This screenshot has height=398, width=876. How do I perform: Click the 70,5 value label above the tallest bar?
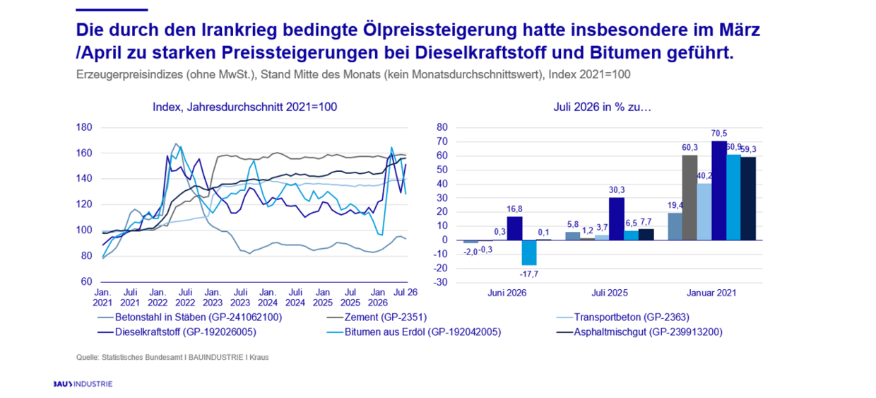[718, 134]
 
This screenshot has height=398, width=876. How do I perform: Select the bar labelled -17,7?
[528, 253]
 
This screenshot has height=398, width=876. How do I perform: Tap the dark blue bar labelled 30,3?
[617, 218]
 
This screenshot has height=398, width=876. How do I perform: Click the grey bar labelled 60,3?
[689, 198]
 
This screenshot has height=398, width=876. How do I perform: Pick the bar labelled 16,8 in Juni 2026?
[514, 228]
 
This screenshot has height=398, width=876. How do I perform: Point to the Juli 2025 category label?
[609, 293]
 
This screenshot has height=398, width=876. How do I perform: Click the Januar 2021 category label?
[711, 293]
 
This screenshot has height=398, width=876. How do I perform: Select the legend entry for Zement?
[377, 317]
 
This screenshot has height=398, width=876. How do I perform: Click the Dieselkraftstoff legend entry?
[177, 332]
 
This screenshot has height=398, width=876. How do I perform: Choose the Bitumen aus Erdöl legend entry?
[414, 332]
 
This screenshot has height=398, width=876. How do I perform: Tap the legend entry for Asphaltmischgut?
[639, 332]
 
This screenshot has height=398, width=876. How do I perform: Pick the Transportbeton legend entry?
[623, 317]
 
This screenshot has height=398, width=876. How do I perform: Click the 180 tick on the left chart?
[84, 127]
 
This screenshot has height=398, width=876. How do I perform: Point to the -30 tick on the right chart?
[441, 282]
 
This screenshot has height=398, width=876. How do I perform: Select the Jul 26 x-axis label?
[406, 293]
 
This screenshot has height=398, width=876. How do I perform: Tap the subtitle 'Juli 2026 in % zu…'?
[602, 107]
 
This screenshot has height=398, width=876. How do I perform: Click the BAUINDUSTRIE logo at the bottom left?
[83, 384]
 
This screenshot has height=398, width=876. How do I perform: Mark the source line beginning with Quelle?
[172, 357]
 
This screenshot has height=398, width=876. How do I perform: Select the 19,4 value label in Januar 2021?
[675, 206]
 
